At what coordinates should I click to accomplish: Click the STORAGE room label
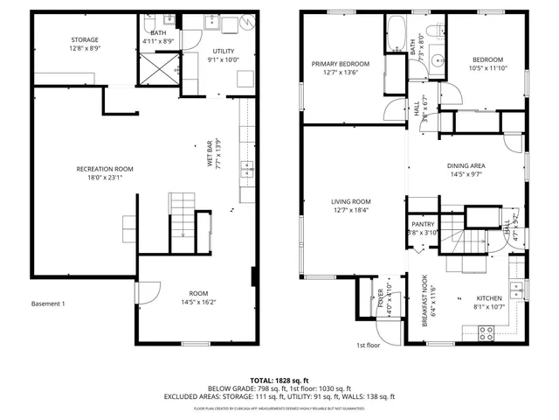coord(85,40)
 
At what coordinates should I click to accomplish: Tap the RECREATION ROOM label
coord(105,169)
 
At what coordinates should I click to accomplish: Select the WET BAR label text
coord(209,154)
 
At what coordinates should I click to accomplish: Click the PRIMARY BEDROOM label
coord(341,64)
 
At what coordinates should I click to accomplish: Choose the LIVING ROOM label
coord(351,202)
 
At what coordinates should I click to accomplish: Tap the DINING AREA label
coord(466,165)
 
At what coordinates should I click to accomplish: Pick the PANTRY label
coord(423,224)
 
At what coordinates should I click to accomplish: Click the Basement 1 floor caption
coord(48,304)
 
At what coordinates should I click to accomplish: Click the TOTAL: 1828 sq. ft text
coord(279,381)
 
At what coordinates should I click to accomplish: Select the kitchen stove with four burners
coord(486,332)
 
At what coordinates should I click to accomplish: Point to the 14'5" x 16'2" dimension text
coord(199,303)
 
